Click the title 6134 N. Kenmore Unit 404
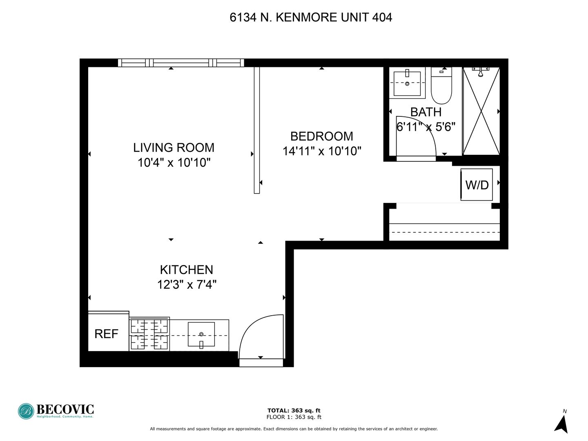[311, 17]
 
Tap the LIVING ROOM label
[174, 147]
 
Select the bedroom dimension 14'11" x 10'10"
[322, 151]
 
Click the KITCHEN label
[186, 269]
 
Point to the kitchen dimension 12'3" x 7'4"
[187, 284]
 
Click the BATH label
[425, 112]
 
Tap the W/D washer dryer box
[477, 185]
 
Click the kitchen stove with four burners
[149, 334]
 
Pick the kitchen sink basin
[201, 334]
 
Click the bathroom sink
[407, 83]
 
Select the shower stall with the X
[481, 111]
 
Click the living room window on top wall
[181, 63]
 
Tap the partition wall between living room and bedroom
[256, 130]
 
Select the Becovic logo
[56, 411]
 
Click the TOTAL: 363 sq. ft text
[294, 410]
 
